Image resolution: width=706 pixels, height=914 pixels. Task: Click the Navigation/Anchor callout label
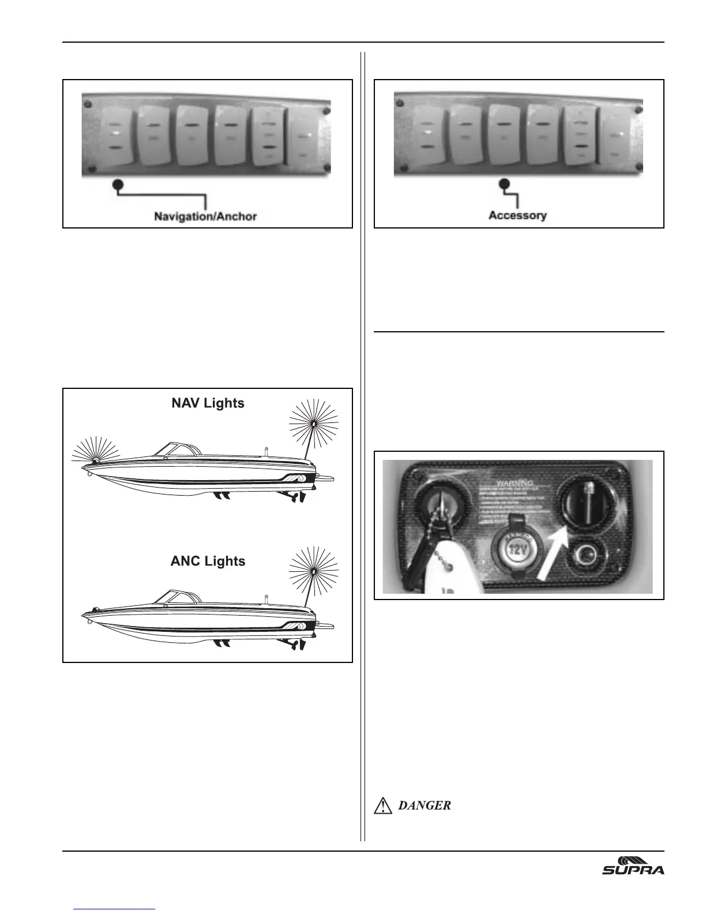click(205, 217)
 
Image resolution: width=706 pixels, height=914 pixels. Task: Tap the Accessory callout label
click(517, 215)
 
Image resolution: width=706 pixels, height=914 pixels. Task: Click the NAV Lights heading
click(208, 403)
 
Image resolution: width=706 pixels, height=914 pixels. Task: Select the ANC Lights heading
click(208, 561)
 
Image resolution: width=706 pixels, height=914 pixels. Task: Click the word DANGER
click(425, 806)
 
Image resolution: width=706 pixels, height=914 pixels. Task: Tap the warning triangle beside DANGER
click(383, 806)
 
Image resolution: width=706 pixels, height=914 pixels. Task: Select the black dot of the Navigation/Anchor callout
click(118, 185)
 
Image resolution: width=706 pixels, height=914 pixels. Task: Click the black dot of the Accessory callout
click(505, 185)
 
